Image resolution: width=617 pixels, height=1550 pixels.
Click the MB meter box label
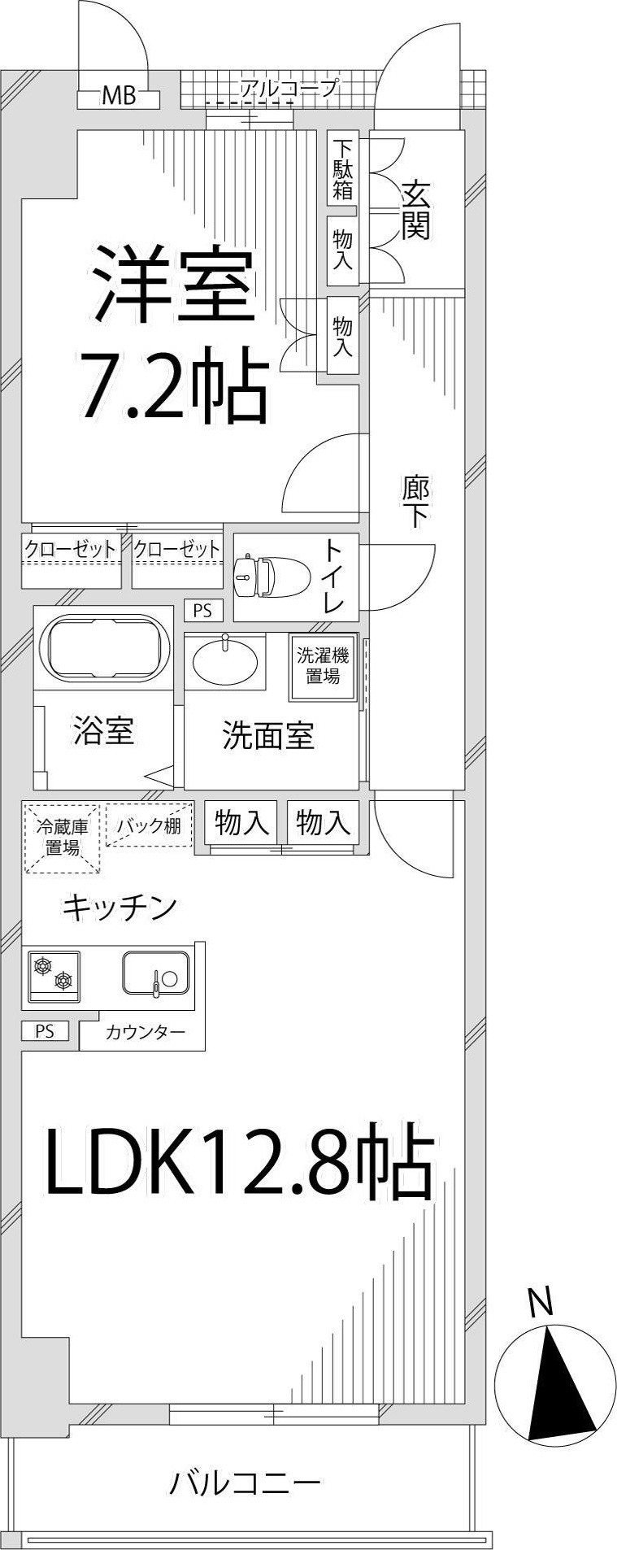point(118,97)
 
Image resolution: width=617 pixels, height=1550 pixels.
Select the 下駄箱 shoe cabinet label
point(343,170)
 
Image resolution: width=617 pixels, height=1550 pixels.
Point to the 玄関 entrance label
point(415,210)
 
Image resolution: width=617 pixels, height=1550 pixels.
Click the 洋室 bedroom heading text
point(173,284)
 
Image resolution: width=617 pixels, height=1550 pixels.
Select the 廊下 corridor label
point(415,502)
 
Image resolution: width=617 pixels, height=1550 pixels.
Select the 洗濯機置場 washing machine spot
point(323,666)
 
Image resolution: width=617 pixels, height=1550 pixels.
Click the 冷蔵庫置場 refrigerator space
point(62,838)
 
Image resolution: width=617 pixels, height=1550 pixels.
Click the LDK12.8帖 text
point(238,1161)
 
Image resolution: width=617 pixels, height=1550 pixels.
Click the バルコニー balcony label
point(244,1483)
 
